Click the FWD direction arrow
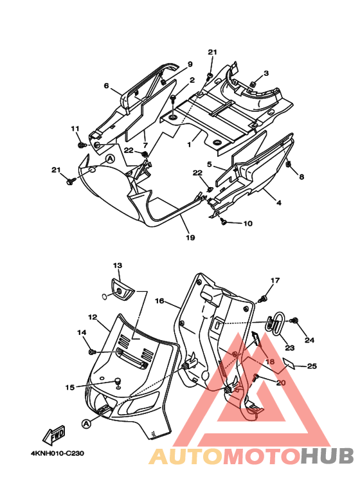click(54, 435)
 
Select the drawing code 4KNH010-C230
click(57, 453)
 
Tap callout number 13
click(118, 266)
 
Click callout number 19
click(190, 237)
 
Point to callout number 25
click(312, 366)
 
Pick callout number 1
click(189, 145)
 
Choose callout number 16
click(159, 300)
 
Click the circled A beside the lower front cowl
click(86, 423)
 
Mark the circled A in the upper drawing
click(110, 159)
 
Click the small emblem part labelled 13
click(122, 289)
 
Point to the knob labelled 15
click(118, 381)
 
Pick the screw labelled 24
click(294, 321)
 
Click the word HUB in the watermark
click(327, 456)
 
